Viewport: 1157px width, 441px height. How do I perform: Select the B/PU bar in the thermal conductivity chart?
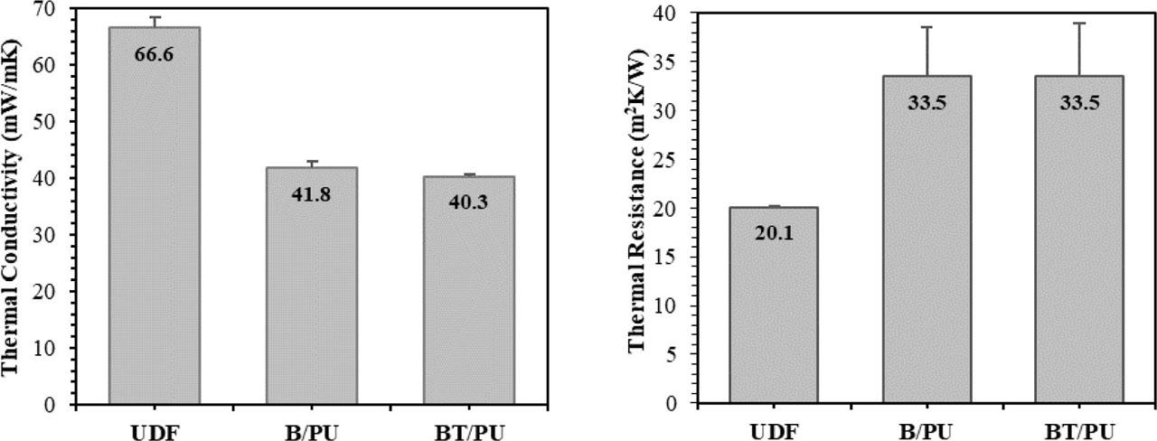click(311, 298)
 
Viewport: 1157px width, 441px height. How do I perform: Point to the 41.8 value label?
click(311, 193)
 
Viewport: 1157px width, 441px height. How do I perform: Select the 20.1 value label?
click(772, 233)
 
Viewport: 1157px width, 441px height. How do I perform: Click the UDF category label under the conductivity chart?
click(155, 428)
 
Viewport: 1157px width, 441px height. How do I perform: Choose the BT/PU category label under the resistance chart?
click(1079, 428)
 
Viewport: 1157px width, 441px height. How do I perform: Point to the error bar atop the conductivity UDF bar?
click(155, 22)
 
